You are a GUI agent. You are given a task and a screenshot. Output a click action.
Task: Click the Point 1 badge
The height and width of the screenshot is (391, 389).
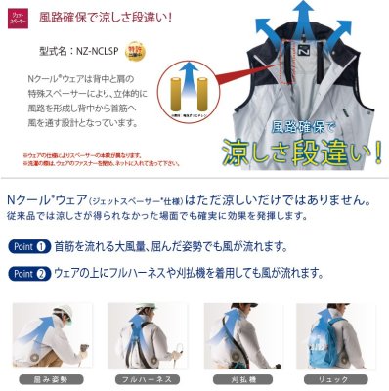point(32,247)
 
